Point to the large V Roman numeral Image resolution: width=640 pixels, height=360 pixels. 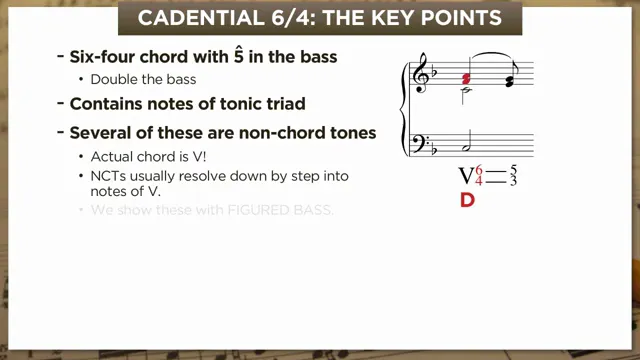pyautogui.click(x=465, y=176)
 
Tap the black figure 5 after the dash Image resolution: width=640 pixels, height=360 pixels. pyautogui.click(x=513, y=169)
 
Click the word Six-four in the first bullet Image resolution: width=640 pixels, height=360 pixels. pyautogui.click(x=102, y=57)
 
